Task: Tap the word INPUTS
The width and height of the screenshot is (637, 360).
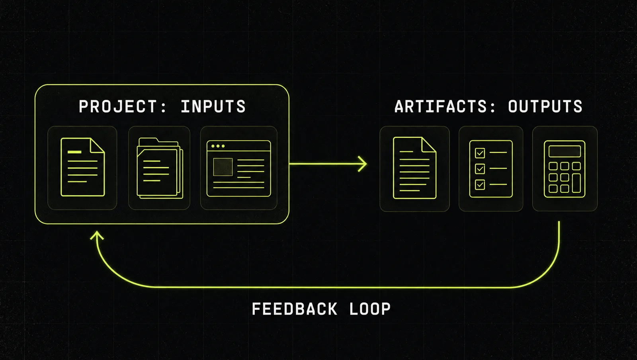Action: click(x=213, y=106)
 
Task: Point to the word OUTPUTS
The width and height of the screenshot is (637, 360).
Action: click(x=545, y=106)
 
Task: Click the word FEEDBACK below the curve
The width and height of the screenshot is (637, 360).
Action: click(x=295, y=309)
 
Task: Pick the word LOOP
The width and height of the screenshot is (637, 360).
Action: click(x=370, y=309)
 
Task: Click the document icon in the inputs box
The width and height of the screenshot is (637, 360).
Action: click(x=83, y=167)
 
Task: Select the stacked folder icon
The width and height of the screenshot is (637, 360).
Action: click(x=160, y=168)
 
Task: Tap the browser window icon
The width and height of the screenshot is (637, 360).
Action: click(x=238, y=168)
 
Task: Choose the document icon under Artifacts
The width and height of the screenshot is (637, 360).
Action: click(x=414, y=168)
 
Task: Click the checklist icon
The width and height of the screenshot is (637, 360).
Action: click(x=491, y=168)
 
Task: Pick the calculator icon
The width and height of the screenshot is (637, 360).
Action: click(x=565, y=169)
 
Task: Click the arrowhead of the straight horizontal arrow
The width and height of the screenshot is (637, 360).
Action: click(x=363, y=164)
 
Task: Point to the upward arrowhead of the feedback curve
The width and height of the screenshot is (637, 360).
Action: click(x=97, y=235)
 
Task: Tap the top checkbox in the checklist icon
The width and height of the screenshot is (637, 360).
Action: click(x=480, y=153)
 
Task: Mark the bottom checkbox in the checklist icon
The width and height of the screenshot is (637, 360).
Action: click(x=480, y=184)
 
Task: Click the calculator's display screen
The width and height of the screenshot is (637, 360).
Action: click(x=565, y=151)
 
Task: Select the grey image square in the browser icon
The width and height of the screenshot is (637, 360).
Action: click(x=223, y=167)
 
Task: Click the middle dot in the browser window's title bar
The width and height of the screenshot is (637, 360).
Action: click(x=218, y=146)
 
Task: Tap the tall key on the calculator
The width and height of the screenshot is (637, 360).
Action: click(x=576, y=183)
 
